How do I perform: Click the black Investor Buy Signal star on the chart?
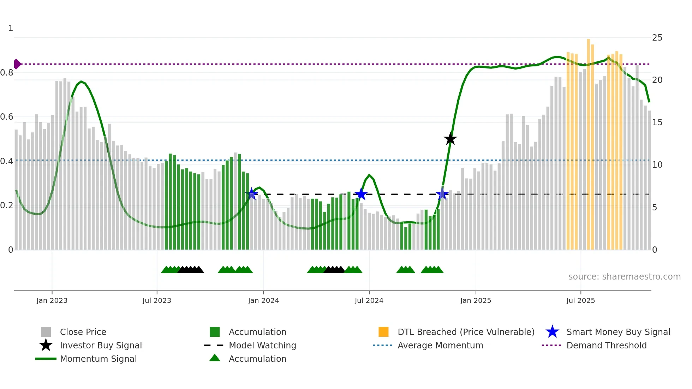coord(450,139)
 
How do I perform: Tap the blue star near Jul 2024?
coord(361,194)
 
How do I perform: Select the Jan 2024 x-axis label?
coord(263,300)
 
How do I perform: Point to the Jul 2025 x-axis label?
coord(580,300)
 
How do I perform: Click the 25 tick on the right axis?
coord(657,38)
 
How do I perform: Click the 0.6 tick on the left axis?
coord(7,117)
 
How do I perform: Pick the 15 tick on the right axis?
coord(657,122)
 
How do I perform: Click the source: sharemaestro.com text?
coord(624,277)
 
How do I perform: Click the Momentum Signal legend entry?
coord(98,359)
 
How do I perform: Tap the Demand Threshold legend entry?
coord(606,346)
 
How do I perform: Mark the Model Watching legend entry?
coord(262,346)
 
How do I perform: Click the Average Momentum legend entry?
coord(440,346)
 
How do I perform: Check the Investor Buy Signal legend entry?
coord(101,346)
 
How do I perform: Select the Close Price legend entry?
coord(83,332)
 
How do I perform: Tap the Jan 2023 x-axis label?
coord(52,300)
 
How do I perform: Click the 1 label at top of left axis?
coord(11,28)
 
